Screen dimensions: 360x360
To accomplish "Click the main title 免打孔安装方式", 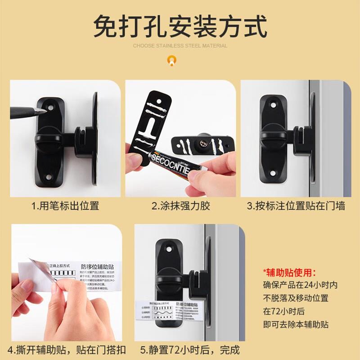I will click(180, 26).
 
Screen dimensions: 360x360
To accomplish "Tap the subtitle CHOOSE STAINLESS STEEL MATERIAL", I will click(180, 45).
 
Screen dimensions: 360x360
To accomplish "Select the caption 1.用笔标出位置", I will click(65, 206).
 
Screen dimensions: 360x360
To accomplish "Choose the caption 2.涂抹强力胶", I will click(180, 206).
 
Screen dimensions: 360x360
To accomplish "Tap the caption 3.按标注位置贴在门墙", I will click(296, 206).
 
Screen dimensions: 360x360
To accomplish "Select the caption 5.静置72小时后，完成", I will click(189, 350).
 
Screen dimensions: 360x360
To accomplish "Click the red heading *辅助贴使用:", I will click(289, 272).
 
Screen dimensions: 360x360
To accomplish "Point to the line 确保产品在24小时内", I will click(300, 285).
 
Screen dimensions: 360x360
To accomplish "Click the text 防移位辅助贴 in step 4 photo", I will click(97, 267).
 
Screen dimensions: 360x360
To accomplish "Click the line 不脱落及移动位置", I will click(296, 298).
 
